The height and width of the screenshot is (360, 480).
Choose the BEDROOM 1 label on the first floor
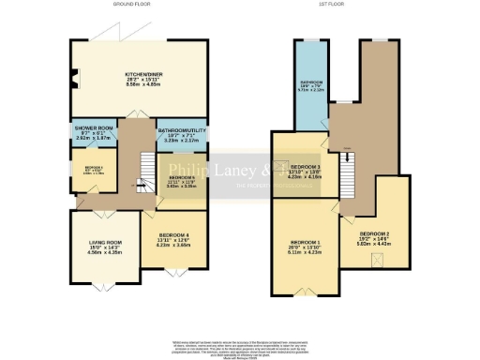[305, 242]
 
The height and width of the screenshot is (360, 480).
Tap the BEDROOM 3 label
[305, 167]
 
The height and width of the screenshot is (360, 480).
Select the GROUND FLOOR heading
[132, 5]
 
